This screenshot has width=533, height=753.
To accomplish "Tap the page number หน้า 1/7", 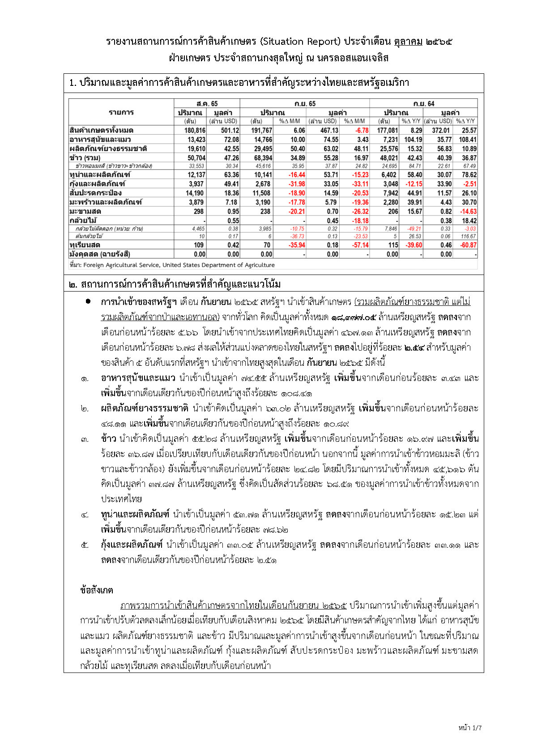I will coord(470,728).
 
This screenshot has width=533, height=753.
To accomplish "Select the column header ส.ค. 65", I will coord(207,104).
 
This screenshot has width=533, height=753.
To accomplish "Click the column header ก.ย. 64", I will coord(423,104).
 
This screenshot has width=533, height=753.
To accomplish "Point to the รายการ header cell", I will coord(121,112).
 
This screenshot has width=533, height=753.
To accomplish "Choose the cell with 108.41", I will coord(467,140).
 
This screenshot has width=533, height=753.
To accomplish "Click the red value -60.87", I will coord(467,245).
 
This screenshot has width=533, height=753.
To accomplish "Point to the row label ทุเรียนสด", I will coord(85,245).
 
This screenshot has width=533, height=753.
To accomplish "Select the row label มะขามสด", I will coord(85,211).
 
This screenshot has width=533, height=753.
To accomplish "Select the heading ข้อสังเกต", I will coord(96,590).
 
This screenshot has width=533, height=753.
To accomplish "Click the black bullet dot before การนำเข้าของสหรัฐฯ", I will coord(88,301).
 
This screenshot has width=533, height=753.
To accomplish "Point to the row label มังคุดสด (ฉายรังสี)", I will coord(99,254).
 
